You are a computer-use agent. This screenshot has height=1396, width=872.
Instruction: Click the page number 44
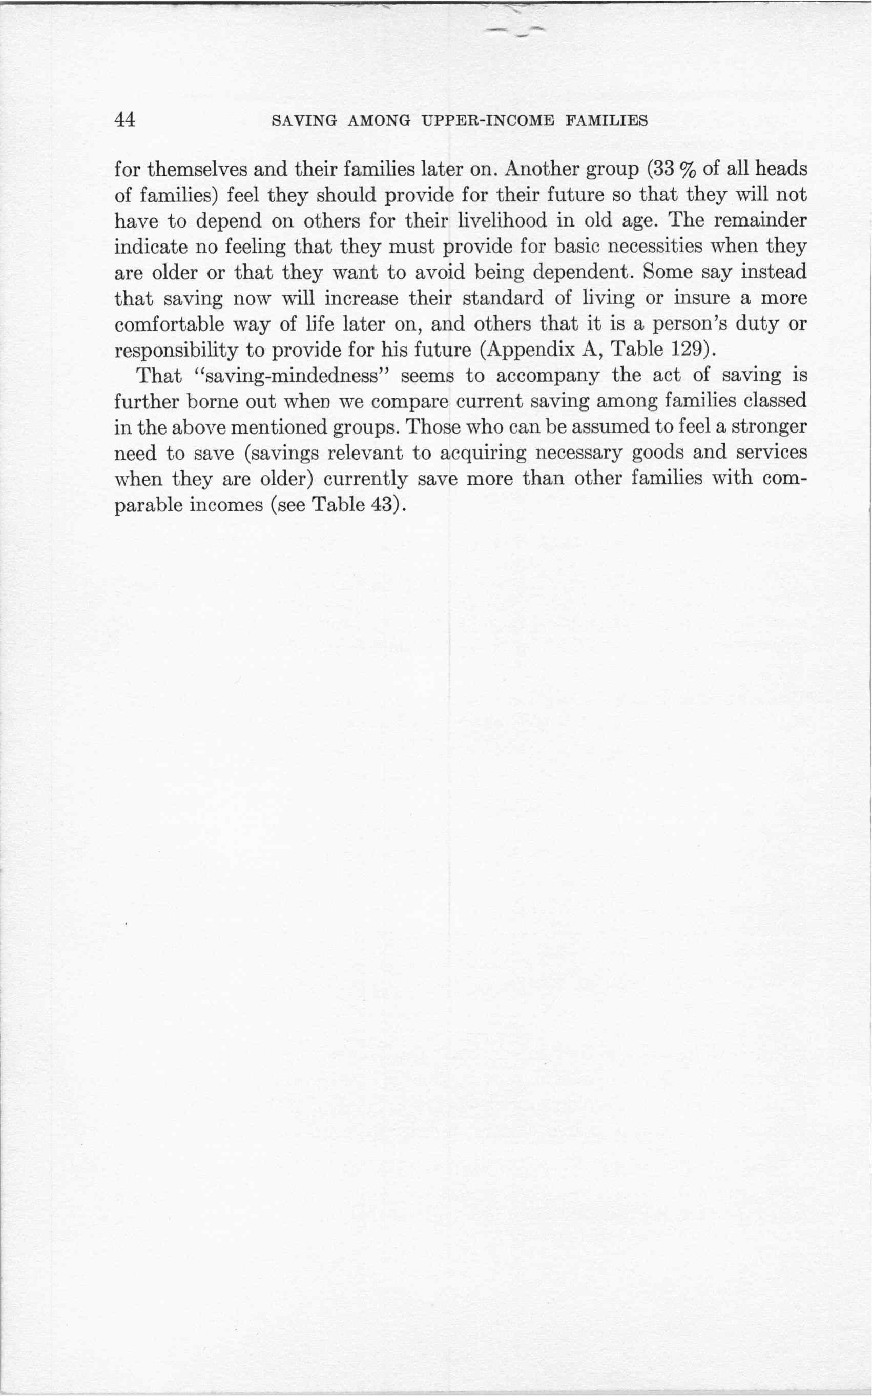tap(125, 120)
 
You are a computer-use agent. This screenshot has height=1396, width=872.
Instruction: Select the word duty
tap(756, 324)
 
